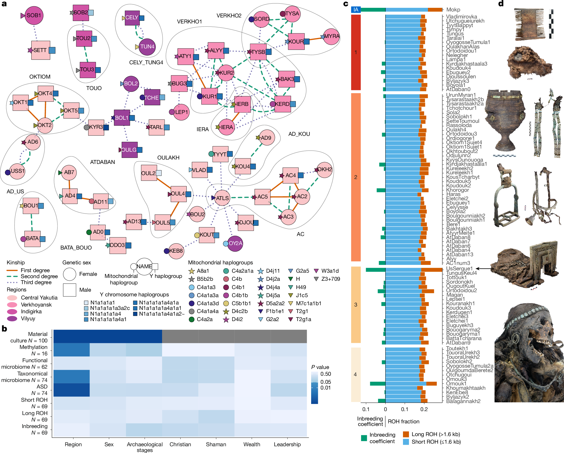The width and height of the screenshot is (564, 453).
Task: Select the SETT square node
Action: tap(41, 50)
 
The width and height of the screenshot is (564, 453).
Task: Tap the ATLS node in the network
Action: tap(222, 198)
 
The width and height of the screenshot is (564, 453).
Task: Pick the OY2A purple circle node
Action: tap(235, 243)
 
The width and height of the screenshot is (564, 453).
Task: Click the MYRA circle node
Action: tap(331, 36)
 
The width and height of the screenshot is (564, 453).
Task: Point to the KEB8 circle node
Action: tap(176, 251)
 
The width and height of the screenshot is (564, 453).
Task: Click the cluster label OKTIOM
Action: tap(40, 77)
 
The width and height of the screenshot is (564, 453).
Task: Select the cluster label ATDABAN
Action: tap(102, 162)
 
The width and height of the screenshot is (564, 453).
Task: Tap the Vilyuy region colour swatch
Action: tap(12, 318)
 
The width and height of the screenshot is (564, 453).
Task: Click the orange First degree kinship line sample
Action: tap(12, 270)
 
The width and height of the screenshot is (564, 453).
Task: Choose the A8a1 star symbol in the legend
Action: tap(192, 271)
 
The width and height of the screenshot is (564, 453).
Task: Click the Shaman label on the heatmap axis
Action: tap(216, 444)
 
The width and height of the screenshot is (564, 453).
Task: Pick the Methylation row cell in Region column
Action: tap(72, 350)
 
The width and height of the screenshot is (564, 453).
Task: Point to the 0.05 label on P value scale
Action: tap(325, 382)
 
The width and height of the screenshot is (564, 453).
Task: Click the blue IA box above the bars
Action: tap(356, 10)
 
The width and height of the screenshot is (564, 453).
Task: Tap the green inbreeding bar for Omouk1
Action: tap(377, 384)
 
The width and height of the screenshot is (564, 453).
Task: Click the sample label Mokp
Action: tap(453, 10)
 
